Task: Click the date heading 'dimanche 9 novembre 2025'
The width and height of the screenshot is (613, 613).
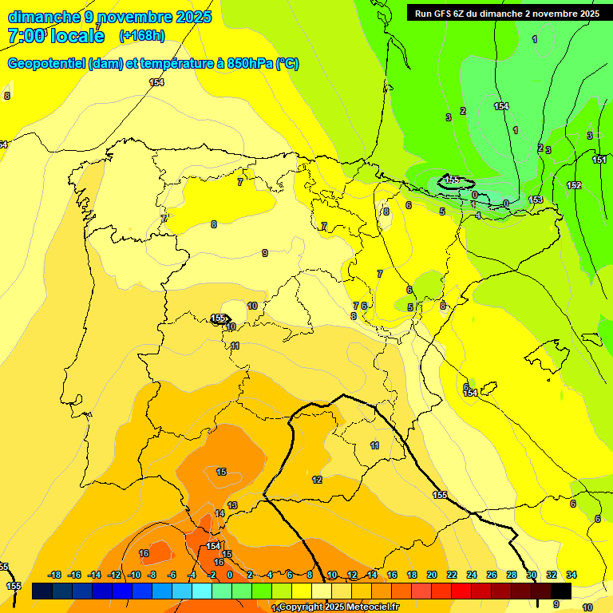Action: pyautogui.click(x=109, y=17)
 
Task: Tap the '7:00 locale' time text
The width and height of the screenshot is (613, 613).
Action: pyautogui.click(x=56, y=36)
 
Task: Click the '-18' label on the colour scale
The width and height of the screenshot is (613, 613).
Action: pyautogui.click(x=54, y=575)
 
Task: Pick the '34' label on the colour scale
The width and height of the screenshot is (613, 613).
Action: pyautogui.click(x=571, y=575)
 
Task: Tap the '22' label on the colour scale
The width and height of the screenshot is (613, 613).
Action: pyautogui.click(x=452, y=575)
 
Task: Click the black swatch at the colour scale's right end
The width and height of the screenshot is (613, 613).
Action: pyautogui.click(x=561, y=591)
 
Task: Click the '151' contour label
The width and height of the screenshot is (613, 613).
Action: pyautogui.click(x=599, y=160)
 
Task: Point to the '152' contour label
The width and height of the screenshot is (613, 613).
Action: pyautogui.click(x=574, y=186)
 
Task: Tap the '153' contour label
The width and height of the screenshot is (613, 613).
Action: pyautogui.click(x=536, y=200)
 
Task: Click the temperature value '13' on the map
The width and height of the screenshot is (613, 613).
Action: pyautogui.click(x=232, y=505)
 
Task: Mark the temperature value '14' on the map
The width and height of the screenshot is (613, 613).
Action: pyautogui.click(x=219, y=513)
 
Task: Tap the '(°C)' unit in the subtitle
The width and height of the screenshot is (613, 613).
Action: pyautogui.click(x=287, y=64)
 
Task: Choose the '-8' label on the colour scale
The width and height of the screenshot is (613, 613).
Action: pyautogui.click(x=152, y=575)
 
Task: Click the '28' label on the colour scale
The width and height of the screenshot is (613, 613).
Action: pyautogui.click(x=512, y=575)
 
